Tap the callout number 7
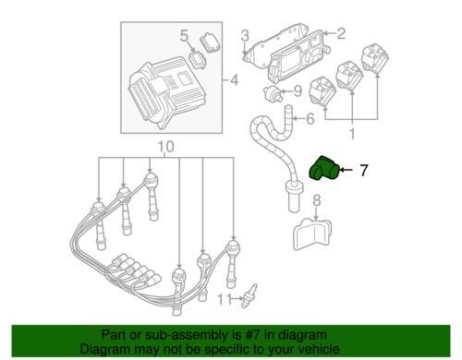coord(364,170)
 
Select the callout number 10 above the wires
coord(165,147)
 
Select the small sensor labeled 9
coord(274,92)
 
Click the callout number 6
coord(310,118)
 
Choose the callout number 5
coord(184,36)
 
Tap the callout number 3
coord(245,36)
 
